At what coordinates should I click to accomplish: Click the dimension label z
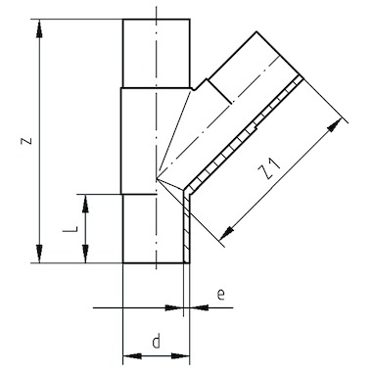26,140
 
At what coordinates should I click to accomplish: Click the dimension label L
70,229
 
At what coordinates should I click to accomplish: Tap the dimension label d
157,342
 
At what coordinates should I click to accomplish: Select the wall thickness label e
221,295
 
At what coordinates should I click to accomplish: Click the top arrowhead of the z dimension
39,28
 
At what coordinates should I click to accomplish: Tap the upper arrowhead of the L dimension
85,204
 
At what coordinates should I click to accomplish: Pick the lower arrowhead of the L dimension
85,254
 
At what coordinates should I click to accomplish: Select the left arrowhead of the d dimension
132,355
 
